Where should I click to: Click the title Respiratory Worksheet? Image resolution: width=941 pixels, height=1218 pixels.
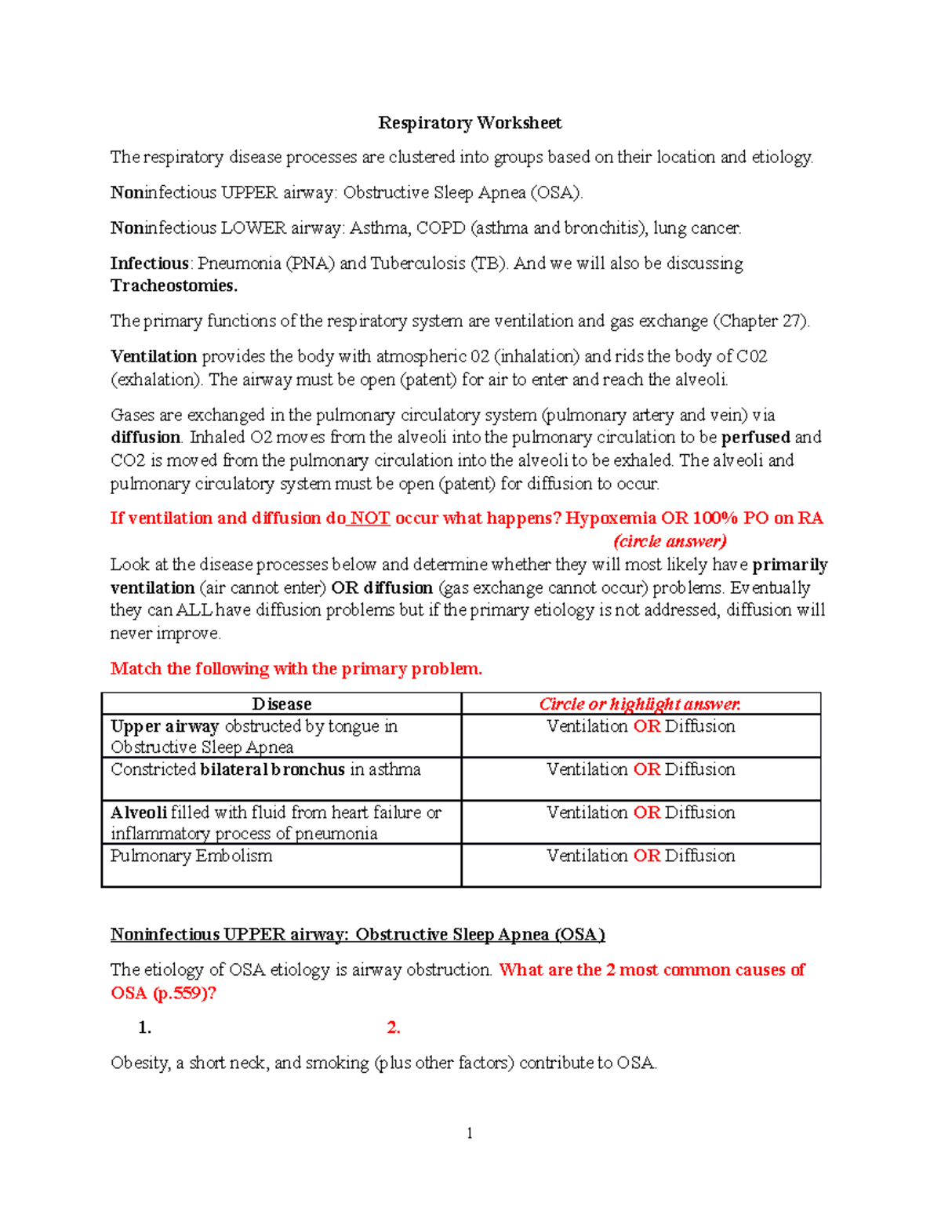point(470,123)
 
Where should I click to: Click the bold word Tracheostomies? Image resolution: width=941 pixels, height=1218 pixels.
point(173,286)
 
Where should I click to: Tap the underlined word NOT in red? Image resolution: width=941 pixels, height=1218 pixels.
point(370,518)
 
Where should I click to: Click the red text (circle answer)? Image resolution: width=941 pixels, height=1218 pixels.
point(670,541)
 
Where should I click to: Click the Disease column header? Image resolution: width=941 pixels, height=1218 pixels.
point(282,704)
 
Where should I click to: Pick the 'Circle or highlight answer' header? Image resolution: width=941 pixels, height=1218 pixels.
point(640,704)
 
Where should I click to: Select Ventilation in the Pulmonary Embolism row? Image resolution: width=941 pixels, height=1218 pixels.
point(587,856)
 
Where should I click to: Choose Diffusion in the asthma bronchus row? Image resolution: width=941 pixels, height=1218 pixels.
point(699,769)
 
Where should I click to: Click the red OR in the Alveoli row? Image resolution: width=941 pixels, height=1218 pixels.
point(646,813)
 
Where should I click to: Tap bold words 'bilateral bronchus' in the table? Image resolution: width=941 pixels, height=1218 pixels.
point(272,769)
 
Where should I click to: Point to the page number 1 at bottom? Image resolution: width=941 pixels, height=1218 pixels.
point(469,1133)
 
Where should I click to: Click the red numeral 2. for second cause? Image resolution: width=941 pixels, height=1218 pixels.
point(394,1028)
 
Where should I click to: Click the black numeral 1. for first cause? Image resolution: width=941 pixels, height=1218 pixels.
point(144,1028)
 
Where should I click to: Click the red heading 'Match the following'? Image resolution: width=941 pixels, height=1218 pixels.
point(296,669)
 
